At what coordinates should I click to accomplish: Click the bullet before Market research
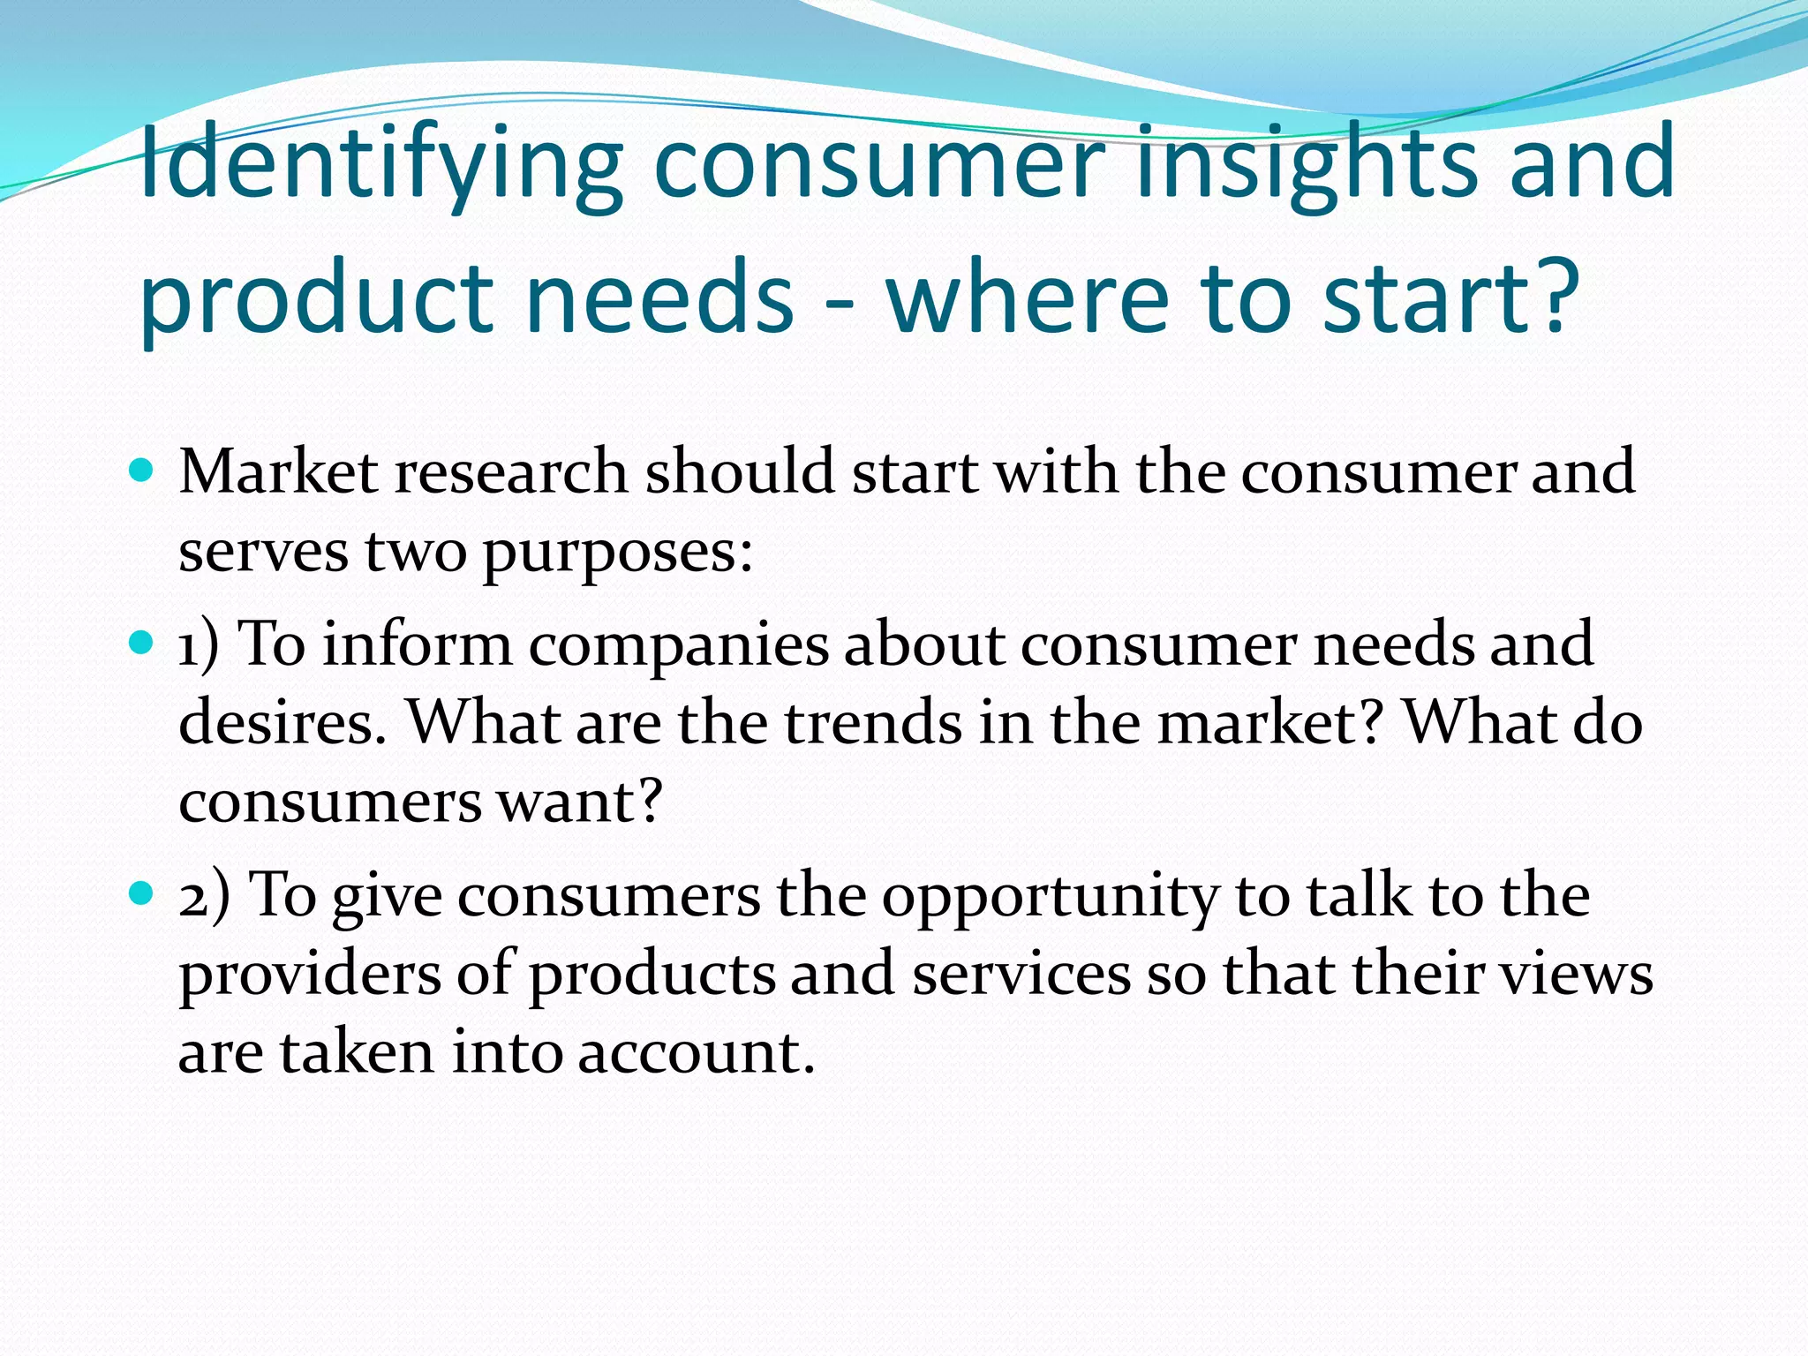[x=141, y=469]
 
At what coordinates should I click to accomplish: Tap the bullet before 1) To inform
[x=141, y=642]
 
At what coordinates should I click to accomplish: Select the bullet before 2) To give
[x=141, y=893]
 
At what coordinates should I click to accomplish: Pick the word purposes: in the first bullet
[x=617, y=553]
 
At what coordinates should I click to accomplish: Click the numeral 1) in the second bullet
[x=198, y=644]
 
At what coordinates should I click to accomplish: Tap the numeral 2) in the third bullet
[x=203, y=895]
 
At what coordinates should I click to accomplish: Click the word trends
[x=873, y=723]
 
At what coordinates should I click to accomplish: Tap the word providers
[x=310, y=976]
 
